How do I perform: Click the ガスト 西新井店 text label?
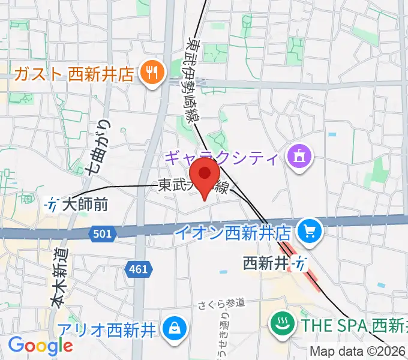[73, 74]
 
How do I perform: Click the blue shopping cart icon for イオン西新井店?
[311, 230]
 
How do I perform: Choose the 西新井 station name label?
[266, 262]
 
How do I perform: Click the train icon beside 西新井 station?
[299, 262]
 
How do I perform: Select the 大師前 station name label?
[85, 205]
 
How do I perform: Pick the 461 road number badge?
[137, 269]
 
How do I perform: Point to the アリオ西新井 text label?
[107, 329]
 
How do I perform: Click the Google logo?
[40, 346]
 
